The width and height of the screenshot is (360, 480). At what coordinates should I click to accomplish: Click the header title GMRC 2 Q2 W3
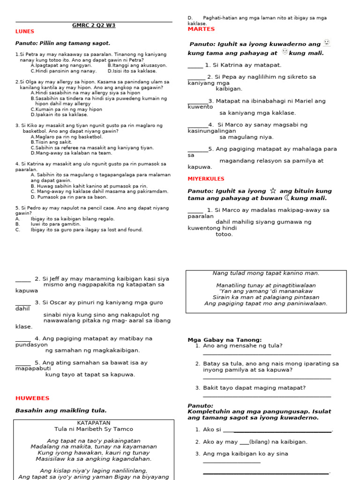pyautogui.click(x=94, y=25)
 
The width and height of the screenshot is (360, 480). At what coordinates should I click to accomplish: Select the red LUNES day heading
pyautogui.click(x=25, y=31)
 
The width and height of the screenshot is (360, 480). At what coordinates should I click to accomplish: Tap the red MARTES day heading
pyautogui.click(x=201, y=29)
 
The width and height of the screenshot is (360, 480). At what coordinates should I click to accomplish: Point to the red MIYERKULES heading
pyautogui.click(x=206, y=179)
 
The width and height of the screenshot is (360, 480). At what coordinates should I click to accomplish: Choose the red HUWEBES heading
pyautogui.click(x=32, y=398)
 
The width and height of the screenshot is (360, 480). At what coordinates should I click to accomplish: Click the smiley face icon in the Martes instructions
pyautogui.click(x=327, y=43)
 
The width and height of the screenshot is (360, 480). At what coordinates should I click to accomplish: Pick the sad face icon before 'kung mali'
pyautogui.click(x=285, y=52)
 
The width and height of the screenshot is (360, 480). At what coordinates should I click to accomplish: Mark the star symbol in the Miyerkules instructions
pyautogui.click(x=273, y=191)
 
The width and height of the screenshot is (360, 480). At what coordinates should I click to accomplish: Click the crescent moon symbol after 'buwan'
pyautogui.click(x=287, y=198)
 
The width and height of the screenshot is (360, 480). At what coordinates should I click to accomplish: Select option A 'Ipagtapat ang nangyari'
pyautogui.click(x=61, y=66)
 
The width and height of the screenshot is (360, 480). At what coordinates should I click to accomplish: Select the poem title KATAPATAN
pyautogui.click(x=93, y=423)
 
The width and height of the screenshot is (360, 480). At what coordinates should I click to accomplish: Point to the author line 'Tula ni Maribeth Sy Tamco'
pyautogui.click(x=93, y=429)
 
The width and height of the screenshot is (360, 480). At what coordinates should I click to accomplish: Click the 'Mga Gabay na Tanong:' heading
pyautogui.click(x=225, y=340)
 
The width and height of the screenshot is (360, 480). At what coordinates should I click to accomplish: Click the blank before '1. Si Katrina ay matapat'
pyautogui.click(x=195, y=66)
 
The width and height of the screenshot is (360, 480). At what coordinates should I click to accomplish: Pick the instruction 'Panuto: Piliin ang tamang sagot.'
pyautogui.click(x=63, y=43)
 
